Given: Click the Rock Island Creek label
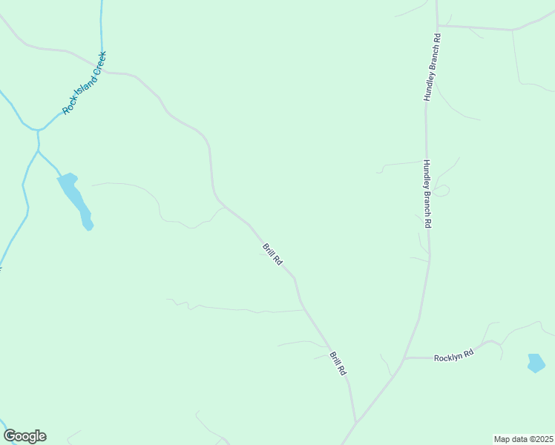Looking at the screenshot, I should pyautogui.click(x=85, y=82).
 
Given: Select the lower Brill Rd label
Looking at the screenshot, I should pyautogui.click(x=338, y=363).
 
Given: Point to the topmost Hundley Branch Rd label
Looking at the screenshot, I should pyautogui.click(x=432, y=67).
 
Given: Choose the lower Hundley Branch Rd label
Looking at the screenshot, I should pyautogui.click(x=427, y=194).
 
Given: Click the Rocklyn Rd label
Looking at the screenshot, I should pyautogui.click(x=453, y=356).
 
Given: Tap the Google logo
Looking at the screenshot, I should pyautogui.click(x=24, y=436).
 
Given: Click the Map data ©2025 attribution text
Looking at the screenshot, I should pyautogui.click(x=523, y=438).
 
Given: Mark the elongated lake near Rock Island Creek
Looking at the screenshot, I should pyautogui.click(x=74, y=197).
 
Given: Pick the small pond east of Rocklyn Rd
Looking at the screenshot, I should pyautogui.click(x=536, y=363).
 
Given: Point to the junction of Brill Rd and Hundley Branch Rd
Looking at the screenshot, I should pyautogui.click(x=357, y=423).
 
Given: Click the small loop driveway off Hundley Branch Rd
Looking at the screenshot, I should pyautogui.click(x=442, y=191).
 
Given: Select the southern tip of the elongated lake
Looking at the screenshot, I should pyautogui.click(x=88, y=227).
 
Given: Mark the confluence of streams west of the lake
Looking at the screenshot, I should pyautogui.click(x=36, y=131).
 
